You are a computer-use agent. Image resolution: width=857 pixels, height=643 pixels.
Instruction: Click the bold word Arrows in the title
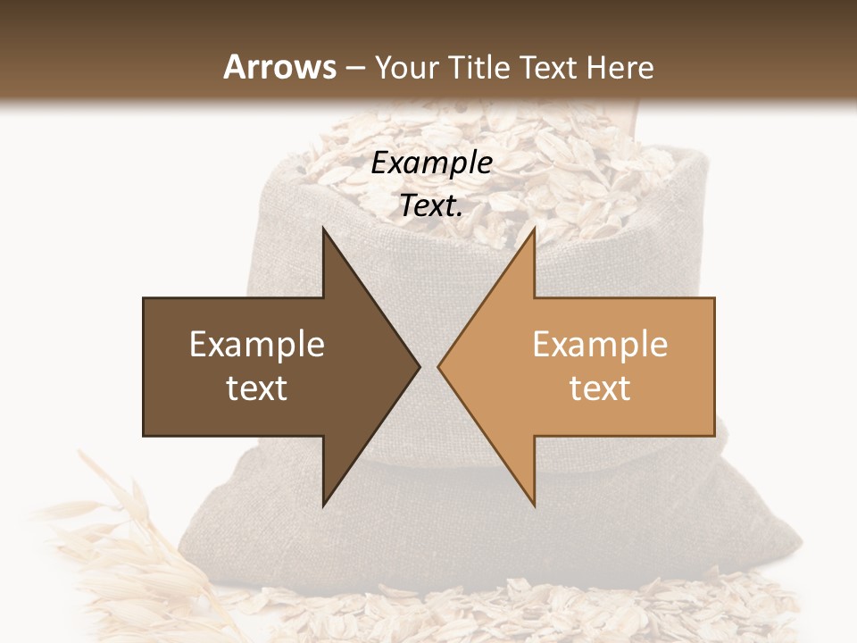point(279,67)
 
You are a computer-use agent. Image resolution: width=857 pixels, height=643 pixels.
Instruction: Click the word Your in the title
point(404,69)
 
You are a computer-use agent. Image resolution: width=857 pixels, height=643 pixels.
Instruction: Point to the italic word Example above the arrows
point(431,163)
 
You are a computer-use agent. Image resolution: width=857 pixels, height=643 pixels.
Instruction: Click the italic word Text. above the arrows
point(431,206)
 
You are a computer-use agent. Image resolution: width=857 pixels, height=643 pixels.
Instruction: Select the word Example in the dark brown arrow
point(257,345)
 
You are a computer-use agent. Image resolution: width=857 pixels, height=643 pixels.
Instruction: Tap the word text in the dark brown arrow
point(257,388)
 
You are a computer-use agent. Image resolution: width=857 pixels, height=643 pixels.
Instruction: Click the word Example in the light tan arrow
point(600,345)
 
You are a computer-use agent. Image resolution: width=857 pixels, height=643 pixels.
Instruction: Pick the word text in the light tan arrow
point(600,388)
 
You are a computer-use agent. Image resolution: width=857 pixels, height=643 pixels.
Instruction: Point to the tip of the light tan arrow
point(439,366)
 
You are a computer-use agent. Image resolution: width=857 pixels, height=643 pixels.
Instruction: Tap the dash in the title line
point(355,69)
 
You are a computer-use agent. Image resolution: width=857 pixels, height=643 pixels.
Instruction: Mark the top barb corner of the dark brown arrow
point(323,229)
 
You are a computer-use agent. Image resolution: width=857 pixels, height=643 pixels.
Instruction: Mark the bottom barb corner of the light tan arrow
point(534,505)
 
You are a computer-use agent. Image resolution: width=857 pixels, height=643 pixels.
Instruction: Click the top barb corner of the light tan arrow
point(534,229)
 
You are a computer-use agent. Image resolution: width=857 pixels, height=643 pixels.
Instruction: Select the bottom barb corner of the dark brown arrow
point(323,505)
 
